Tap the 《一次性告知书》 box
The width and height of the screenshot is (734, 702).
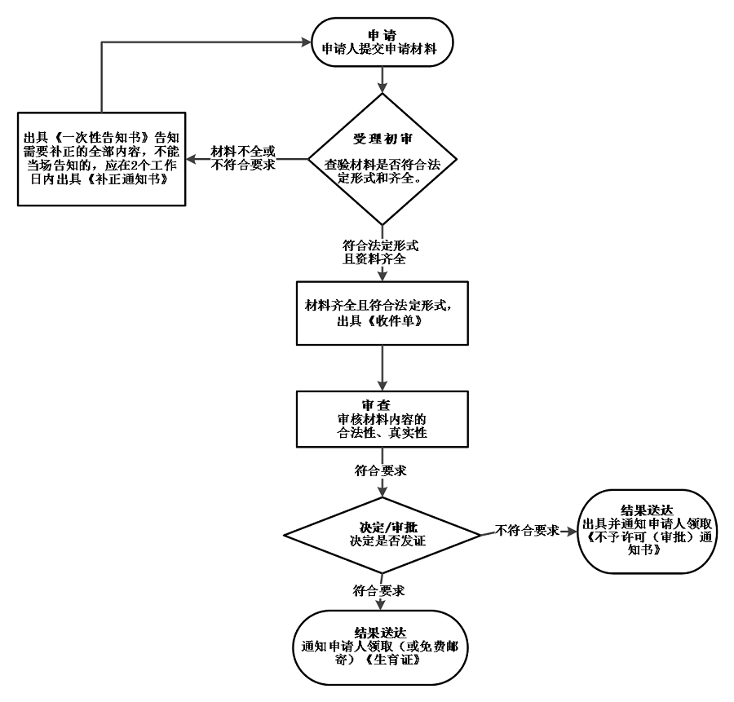[x=100, y=159]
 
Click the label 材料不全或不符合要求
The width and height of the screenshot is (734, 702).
[x=243, y=158]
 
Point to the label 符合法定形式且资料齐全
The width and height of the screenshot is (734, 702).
[x=382, y=253]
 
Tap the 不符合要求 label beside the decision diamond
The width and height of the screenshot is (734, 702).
[x=527, y=530]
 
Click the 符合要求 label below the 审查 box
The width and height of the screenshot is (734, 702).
[x=381, y=472]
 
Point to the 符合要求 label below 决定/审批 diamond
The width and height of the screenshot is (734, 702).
[x=381, y=588]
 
